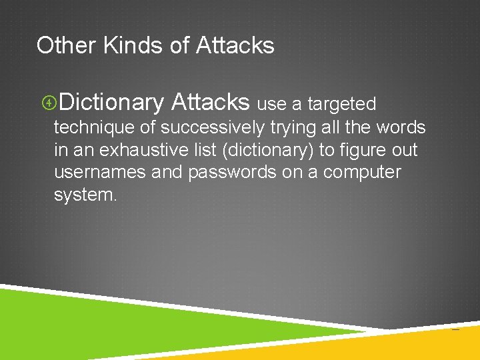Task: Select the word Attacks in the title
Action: [235, 45]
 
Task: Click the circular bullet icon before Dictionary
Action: [48, 103]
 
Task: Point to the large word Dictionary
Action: [111, 103]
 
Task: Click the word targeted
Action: [342, 104]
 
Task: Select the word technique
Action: [94, 127]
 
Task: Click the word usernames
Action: [100, 172]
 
